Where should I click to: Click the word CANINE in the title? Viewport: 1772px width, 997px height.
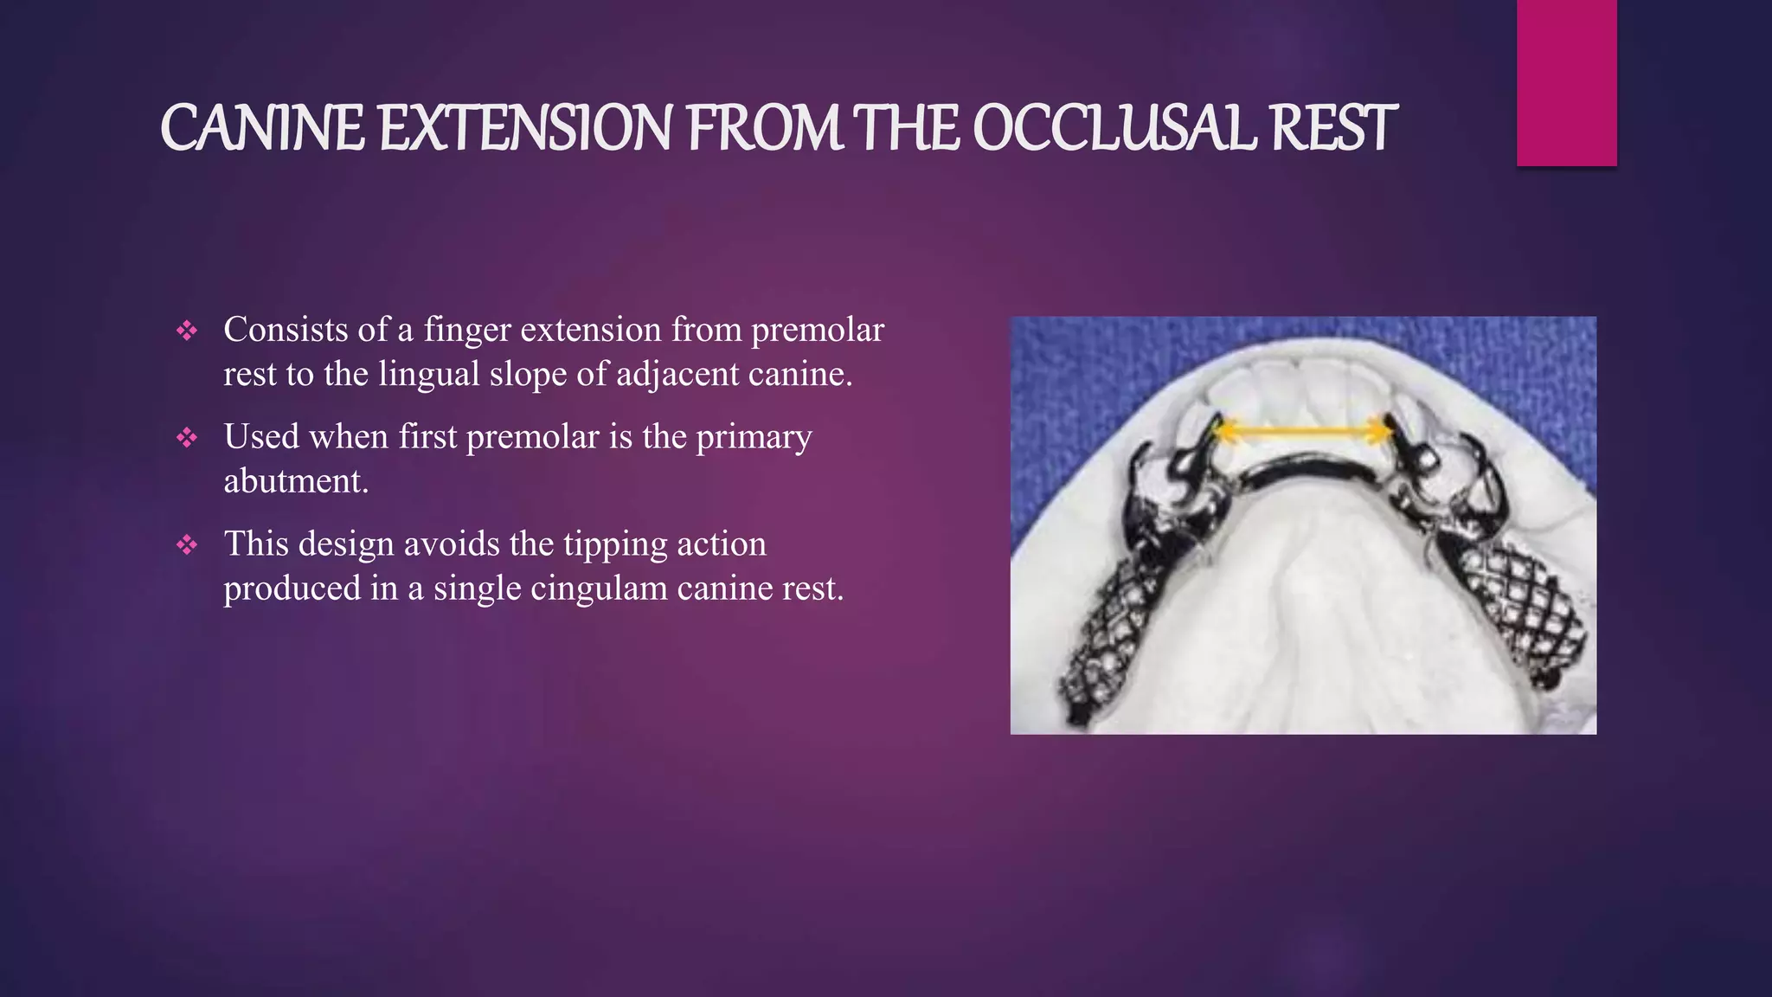point(262,128)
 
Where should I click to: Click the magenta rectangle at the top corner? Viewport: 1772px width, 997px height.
point(1566,82)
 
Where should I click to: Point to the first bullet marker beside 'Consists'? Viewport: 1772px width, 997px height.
point(187,330)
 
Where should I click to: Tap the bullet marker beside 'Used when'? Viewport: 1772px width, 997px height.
point(187,437)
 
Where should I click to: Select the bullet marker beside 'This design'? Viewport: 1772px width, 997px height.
point(187,544)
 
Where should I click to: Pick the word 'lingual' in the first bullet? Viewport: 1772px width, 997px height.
point(428,375)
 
